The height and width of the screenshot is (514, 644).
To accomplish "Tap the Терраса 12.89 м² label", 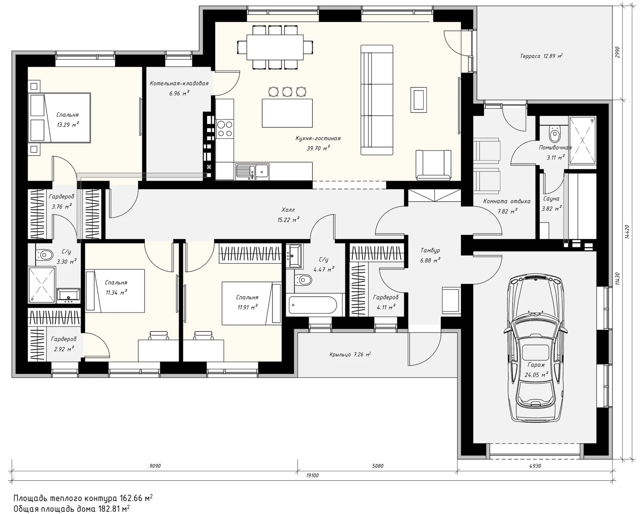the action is (x=541, y=56).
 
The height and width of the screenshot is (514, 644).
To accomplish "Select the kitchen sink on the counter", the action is (x=252, y=171).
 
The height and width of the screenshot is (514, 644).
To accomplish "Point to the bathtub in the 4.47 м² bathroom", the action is (x=313, y=305).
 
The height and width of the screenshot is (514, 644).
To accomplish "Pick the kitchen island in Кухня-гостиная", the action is (x=287, y=113).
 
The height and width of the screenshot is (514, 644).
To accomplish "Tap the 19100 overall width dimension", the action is (x=312, y=476).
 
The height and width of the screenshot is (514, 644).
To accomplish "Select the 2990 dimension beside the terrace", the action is (x=617, y=52).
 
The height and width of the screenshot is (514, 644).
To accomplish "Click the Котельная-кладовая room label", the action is (x=179, y=83).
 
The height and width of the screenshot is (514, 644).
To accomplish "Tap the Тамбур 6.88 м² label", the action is (x=430, y=255).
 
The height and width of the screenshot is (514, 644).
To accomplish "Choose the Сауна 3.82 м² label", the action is (x=552, y=204).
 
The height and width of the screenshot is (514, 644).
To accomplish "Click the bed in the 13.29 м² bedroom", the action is (x=59, y=118).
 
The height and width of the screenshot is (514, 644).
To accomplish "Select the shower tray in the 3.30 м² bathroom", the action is (x=42, y=285).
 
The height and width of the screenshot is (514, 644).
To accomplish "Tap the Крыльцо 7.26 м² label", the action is (x=350, y=355).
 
